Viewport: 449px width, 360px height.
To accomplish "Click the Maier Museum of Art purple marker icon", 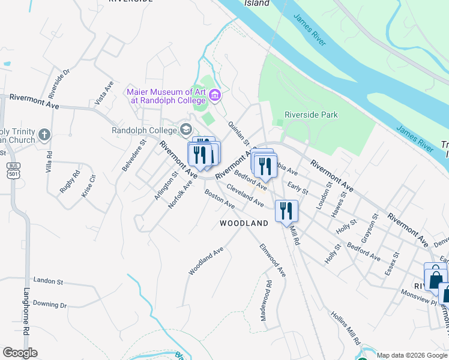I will [x=215, y=95].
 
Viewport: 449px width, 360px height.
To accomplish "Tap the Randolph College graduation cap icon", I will [x=185, y=130].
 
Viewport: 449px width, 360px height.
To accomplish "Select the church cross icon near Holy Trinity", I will [x=44, y=135].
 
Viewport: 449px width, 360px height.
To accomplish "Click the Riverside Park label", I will [x=311, y=115].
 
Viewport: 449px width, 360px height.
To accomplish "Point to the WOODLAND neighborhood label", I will [x=244, y=223].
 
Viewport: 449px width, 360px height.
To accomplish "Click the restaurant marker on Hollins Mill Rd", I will [x=286, y=211].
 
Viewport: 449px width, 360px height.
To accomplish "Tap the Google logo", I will [x=20, y=353].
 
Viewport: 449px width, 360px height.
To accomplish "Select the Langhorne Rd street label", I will [x=27, y=312].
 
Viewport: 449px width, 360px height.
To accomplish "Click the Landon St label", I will [x=49, y=280].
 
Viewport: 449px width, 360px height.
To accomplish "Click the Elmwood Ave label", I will [x=272, y=259].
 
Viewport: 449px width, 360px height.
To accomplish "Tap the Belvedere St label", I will [x=134, y=156].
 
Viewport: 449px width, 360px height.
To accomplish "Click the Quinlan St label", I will [x=238, y=133].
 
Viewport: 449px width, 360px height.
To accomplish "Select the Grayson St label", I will [x=367, y=224].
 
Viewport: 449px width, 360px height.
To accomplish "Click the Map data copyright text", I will [x=412, y=355].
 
